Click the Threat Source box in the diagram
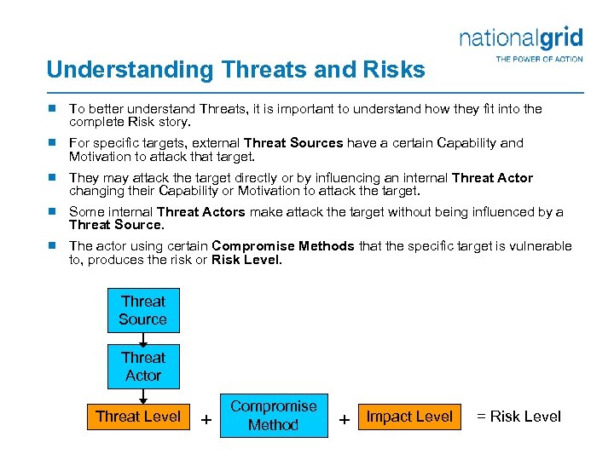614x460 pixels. pyautogui.click(x=142, y=310)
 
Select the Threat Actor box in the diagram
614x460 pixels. pyautogui.click(x=142, y=366)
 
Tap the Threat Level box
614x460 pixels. pyautogui.click(x=138, y=417)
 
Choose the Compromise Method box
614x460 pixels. pyautogui.click(x=273, y=416)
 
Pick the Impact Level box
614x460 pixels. pyautogui.click(x=409, y=417)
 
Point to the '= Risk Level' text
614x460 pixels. pyautogui.click(x=518, y=417)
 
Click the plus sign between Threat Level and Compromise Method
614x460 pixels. pyautogui.click(x=205, y=419)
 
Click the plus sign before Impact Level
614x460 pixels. pyautogui.click(x=345, y=419)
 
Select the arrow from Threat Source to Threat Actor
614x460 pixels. pyautogui.click(x=143, y=338)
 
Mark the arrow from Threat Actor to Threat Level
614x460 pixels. pyautogui.click(x=143, y=394)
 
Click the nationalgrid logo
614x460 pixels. pyautogui.click(x=520, y=37)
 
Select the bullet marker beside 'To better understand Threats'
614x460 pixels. pyautogui.click(x=52, y=109)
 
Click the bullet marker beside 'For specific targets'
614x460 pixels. pyautogui.click(x=52, y=143)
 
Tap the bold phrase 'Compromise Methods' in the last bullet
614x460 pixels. pyautogui.click(x=283, y=246)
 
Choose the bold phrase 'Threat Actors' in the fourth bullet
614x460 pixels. pyautogui.click(x=200, y=212)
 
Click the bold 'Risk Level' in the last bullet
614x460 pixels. pyautogui.click(x=245, y=260)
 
